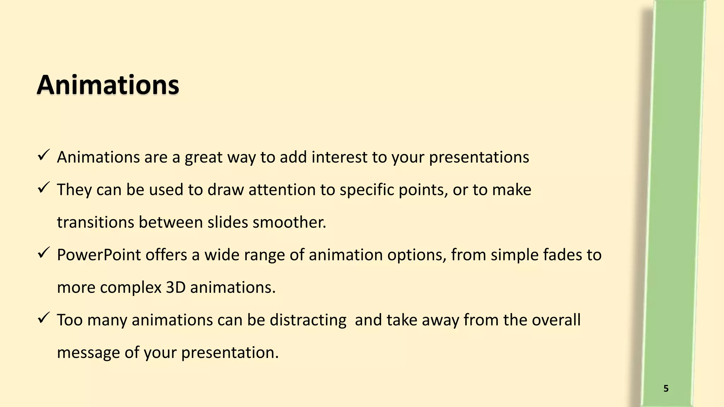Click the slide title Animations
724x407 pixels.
[x=108, y=85]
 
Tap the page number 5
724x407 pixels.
[x=666, y=389]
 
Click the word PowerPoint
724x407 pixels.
[x=99, y=255]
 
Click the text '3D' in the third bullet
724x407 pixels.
[x=176, y=288]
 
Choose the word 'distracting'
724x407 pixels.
[x=308, y=320]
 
